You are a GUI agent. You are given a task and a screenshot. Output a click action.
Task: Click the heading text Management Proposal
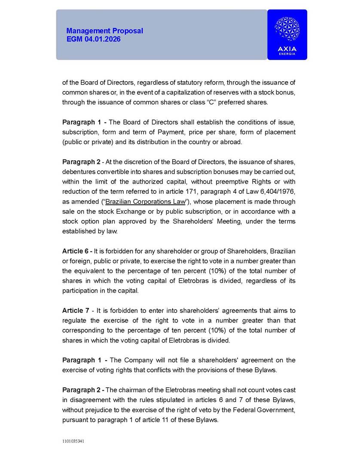104,31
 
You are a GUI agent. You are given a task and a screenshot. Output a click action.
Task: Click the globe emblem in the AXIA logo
287,29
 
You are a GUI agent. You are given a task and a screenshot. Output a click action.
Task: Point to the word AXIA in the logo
287,49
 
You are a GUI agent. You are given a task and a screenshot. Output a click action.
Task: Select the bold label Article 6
76,251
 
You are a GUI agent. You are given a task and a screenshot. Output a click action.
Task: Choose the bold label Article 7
76,310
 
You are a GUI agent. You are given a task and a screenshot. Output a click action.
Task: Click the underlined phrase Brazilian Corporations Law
145,202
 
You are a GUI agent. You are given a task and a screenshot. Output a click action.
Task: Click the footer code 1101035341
72,441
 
